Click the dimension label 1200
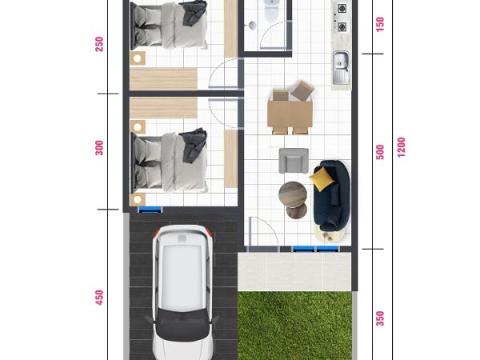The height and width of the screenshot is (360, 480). (x=402, y=147)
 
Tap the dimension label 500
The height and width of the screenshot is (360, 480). (x=380, y=152)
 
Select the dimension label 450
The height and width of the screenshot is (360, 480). (x=99, y=298)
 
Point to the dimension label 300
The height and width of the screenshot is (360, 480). (x=99, y=148)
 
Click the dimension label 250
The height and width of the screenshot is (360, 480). (x=99, y=44)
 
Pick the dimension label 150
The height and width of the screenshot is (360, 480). (x=379, y=25)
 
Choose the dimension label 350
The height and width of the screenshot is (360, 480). (x=380, y=318)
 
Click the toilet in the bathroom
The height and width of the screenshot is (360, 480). (x=271, y=10)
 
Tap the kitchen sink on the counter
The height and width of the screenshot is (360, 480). (x=342, y=67)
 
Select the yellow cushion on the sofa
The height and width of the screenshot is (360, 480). (x=321, y=179)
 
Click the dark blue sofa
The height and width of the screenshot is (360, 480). (x=332, y=196)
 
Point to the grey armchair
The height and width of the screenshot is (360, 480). (x=294, y=161)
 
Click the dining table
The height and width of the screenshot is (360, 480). (x=290, y=114)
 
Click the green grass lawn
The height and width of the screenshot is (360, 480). (x=294, y=326)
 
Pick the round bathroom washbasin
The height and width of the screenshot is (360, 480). (x=252, y=25)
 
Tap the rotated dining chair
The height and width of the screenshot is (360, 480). (x=302, y=90)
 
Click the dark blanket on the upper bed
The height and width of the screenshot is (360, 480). (x=194, y=12)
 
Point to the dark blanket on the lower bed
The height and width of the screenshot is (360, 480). (x=193, y=146)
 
